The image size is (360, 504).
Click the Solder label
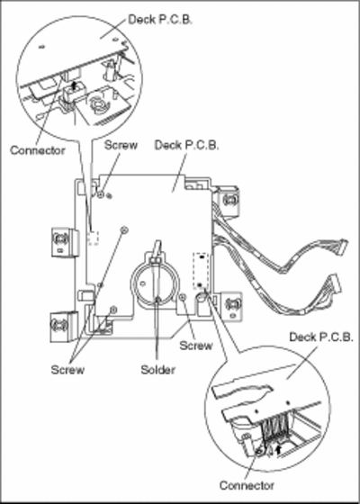pos(157,370)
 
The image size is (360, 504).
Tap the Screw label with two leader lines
pos(67,370)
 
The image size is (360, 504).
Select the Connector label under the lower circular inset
pos(247,485)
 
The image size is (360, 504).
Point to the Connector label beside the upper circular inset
pos(37,150)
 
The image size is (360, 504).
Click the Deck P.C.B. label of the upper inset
pos(160,20)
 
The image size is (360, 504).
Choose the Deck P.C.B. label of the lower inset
pos(321,337)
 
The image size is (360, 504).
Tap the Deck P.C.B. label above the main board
pos(187,145)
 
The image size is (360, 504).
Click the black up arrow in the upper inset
pos(74,85)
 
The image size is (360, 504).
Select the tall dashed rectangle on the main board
pos(201,271)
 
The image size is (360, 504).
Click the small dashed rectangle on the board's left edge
pos(94,238)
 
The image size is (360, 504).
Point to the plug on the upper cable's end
pos(341,245)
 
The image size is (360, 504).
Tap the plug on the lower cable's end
pos(333,283)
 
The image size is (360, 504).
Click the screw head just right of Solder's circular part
pos(183,298)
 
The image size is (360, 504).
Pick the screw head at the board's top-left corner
pos(101,194)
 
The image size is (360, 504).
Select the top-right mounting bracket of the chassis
pos(229,201)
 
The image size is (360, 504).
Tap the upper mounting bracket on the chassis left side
pos(62,242)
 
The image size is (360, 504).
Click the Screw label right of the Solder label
pos(196,346)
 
